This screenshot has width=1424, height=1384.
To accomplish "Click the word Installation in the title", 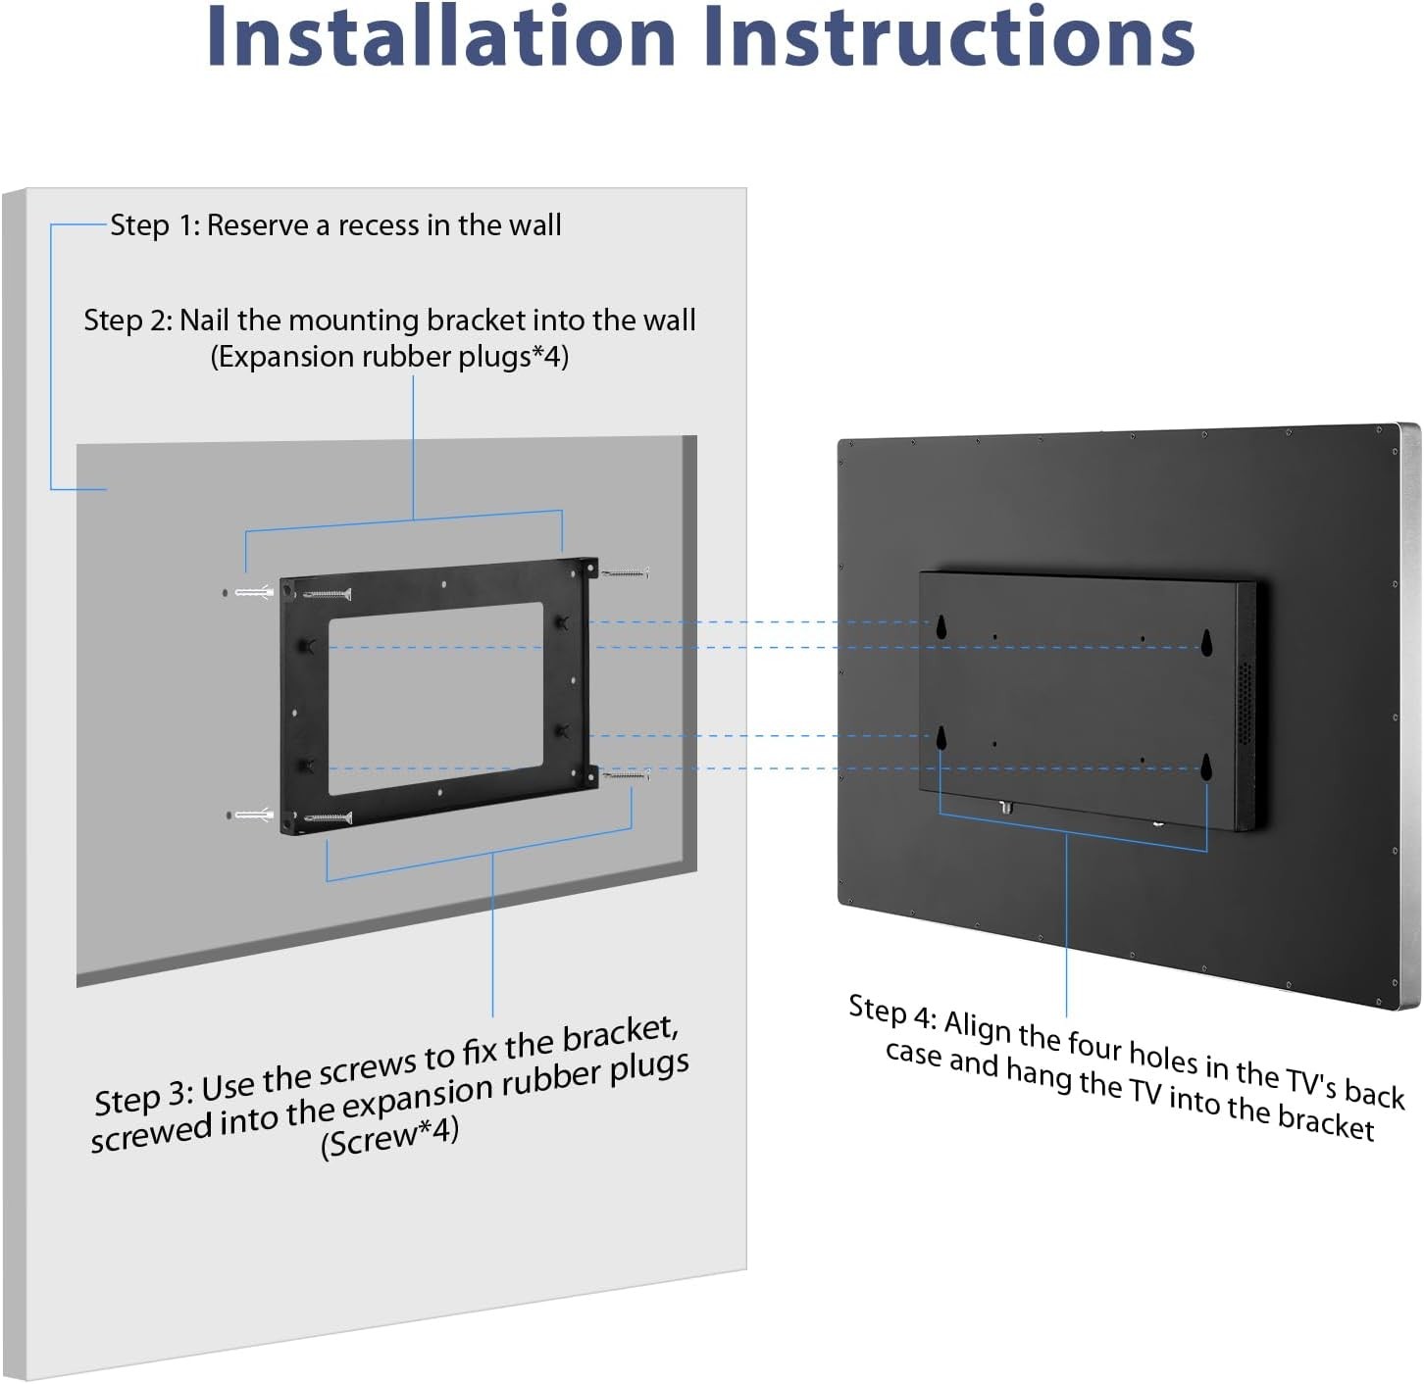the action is pos(441,36).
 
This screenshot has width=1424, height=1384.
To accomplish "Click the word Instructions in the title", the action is pos(949,36).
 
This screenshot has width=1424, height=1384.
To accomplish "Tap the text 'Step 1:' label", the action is pos(154,226).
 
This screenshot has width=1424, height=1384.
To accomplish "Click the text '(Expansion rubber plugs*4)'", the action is pos(389,358).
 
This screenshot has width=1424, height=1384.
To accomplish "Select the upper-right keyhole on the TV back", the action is pos(1206,642).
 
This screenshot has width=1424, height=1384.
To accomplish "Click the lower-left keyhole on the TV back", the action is pos(941,738).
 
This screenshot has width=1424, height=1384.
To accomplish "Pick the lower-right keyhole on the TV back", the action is pos(1206,767).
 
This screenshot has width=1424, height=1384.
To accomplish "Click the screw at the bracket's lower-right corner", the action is pos(627,774).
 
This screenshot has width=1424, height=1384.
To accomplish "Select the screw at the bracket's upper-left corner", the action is pos(327,595).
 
